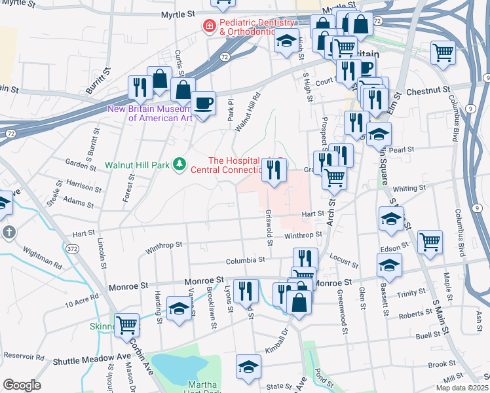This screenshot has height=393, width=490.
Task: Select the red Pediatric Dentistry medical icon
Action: (209, 26)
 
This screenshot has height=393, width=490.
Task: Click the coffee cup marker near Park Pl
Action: (204, 103)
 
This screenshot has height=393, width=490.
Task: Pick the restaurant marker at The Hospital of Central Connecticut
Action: (274, 170)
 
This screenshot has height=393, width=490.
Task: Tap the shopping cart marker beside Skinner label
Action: (126, 324)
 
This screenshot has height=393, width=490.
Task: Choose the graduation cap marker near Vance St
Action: (178, 308)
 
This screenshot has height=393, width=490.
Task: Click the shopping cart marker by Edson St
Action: (430, 242)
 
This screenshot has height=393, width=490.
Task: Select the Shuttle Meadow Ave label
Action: (83, 360)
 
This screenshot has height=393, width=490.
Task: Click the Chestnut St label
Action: (428, 90)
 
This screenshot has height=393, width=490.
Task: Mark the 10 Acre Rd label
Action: (81, 302)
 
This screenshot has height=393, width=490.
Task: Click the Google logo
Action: (22, 384)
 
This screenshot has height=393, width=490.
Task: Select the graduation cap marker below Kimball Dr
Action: (248, 367)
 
